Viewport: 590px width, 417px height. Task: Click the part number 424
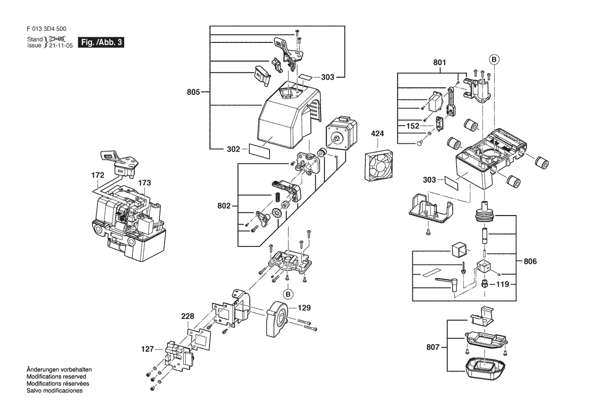click(x=377, y=134)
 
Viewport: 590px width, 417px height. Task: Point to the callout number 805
click(x=194, y=92)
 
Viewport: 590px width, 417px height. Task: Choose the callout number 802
click(x=224, y=206)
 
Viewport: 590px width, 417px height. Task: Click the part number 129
click(x=303, y=307)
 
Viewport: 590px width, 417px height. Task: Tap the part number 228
click(x=188, y=317)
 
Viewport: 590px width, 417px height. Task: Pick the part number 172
click(x=98, y=175)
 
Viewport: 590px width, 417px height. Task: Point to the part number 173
click(x=144, y=182)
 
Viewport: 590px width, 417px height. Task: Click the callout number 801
click(x=440, y=63)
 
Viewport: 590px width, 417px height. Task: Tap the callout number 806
click(x=530, y=262)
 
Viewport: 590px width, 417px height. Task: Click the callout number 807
click(x=433, y=347)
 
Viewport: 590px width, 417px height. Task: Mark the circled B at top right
click(x=494, y=60)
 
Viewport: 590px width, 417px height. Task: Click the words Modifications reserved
click(x=56, y=377)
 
